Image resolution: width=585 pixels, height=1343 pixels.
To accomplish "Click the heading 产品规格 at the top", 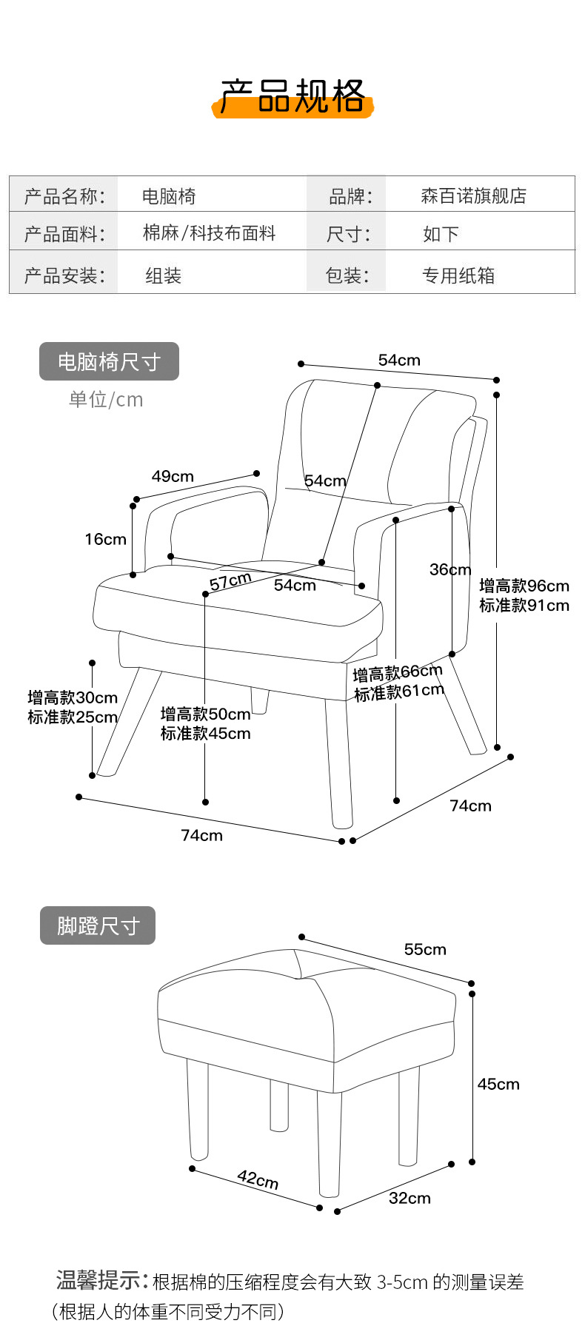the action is click(292, 96).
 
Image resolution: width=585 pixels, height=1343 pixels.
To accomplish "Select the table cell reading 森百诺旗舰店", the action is click(473, 195).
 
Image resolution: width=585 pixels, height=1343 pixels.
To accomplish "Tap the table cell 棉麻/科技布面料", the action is click(209, 233).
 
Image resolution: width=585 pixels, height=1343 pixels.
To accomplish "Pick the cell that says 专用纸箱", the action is click(458, 275).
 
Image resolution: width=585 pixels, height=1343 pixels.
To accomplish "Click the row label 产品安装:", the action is click(64, 275).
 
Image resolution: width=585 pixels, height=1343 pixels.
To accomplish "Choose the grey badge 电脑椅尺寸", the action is click(109, 361).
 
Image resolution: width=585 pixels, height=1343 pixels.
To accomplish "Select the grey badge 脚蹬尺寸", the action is click(98, 925).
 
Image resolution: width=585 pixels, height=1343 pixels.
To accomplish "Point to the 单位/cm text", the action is click(106, 400).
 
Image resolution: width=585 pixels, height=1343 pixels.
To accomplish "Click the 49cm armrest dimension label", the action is click(173, 476).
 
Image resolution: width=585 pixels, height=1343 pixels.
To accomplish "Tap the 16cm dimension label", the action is click(105, 539).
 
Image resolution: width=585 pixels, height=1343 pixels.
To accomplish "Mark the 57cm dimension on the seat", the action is click(230, 581).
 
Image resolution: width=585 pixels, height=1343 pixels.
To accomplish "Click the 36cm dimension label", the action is click(450, 569).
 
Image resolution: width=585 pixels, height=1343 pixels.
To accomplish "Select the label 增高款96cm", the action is click(524, 586).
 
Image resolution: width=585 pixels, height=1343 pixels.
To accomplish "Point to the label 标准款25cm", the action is click(73, 717).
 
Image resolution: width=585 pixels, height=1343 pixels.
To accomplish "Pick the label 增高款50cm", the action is click(206, 714).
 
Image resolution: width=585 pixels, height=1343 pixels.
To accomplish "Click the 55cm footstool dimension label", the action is click(425, 949).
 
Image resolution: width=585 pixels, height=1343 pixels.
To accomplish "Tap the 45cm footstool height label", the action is click(498, 1084).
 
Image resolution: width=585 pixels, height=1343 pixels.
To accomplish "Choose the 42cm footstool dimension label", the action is click(258, 1179).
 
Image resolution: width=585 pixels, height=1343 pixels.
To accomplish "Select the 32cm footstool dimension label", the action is click(409, 1198).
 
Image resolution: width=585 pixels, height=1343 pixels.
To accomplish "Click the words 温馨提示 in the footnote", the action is click(98, 1279).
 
